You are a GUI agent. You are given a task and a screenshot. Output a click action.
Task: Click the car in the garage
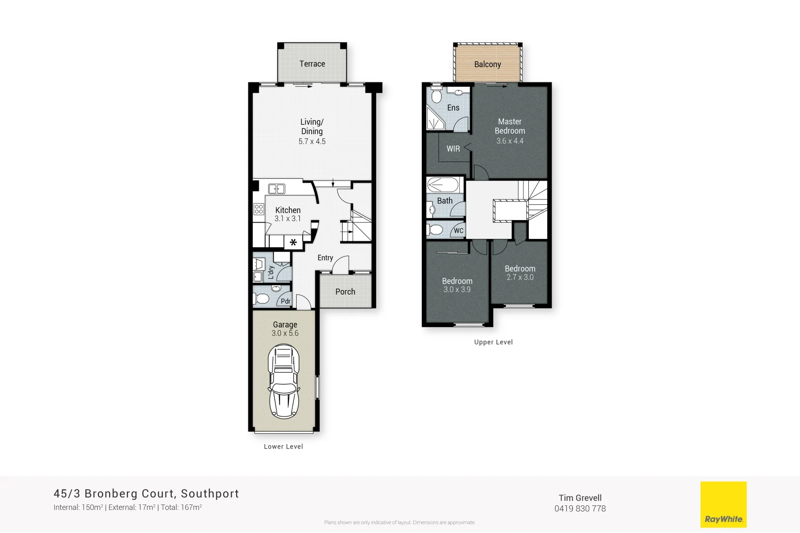tap(283, 381)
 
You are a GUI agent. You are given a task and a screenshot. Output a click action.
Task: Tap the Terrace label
tap(312, 64)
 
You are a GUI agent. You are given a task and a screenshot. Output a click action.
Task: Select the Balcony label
tap(487, 64)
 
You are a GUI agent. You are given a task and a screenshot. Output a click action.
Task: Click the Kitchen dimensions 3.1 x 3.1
tap(287, 219)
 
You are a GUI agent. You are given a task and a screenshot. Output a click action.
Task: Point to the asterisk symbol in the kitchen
tap(293, 242)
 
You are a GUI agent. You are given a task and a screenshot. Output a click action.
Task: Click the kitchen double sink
tap(277, 189)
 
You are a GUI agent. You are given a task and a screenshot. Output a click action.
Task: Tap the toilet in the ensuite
tap(436, 95)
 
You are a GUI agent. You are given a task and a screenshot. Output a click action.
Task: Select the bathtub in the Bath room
tap(443, 185)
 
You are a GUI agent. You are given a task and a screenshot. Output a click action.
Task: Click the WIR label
tap(453, 149)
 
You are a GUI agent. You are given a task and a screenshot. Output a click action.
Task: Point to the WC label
tap(459, 230)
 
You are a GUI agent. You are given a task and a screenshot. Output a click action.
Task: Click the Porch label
tap(345, 292)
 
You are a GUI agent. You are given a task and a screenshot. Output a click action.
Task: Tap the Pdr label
tap(285, 301)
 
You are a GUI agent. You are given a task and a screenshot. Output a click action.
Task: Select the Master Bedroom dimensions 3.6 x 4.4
tap(510, 141)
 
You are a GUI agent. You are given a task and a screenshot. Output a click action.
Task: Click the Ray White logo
tap(723, 504)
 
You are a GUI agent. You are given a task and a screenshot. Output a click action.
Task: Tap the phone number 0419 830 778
tap(580, 509)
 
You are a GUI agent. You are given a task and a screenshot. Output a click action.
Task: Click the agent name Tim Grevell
tap(580, 498)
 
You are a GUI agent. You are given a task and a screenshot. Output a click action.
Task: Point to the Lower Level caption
tap(283, 447)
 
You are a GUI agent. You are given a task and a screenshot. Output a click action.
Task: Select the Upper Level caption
tap(493, 342)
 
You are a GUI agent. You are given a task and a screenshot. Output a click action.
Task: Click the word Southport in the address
tap(210, 494)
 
